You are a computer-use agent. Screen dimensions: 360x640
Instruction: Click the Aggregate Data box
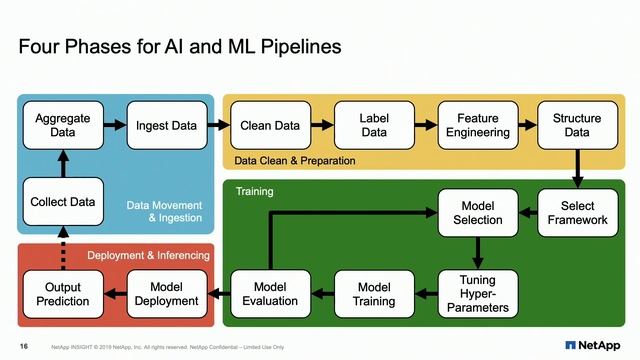click(x=63, y=125)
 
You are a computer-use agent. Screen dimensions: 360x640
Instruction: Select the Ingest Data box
click(x=166, y=125)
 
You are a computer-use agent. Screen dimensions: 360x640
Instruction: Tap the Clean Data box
click(x=270, y=125)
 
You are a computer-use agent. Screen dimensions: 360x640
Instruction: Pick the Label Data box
click(x=374, y=125)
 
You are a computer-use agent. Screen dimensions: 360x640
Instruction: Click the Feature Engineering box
click(x=477, y=125)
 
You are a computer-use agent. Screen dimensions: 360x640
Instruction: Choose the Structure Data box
click(x=577, y=125)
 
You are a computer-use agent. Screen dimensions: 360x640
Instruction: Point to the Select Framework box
click(x=577, y=213)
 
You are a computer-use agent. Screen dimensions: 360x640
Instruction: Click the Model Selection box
click(x=477, y=213)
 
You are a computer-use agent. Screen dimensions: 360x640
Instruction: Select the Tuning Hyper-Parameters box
click(x=477, y=294)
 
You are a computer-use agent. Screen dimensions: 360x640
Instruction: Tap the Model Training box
click(x=374, y=294)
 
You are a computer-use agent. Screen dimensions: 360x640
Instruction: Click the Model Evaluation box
click(x=270, y=294)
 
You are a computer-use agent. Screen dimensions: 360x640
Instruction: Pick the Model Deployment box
click(x=166, y=294)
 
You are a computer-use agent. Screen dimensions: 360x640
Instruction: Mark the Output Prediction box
click(x=63, y=294)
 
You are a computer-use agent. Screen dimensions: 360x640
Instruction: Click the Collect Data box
click(x=63, y=202)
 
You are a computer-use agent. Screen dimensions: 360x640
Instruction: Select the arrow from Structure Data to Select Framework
click(x=577, y=169)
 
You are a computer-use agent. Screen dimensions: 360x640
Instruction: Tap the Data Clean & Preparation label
click(x=294, y=160)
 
